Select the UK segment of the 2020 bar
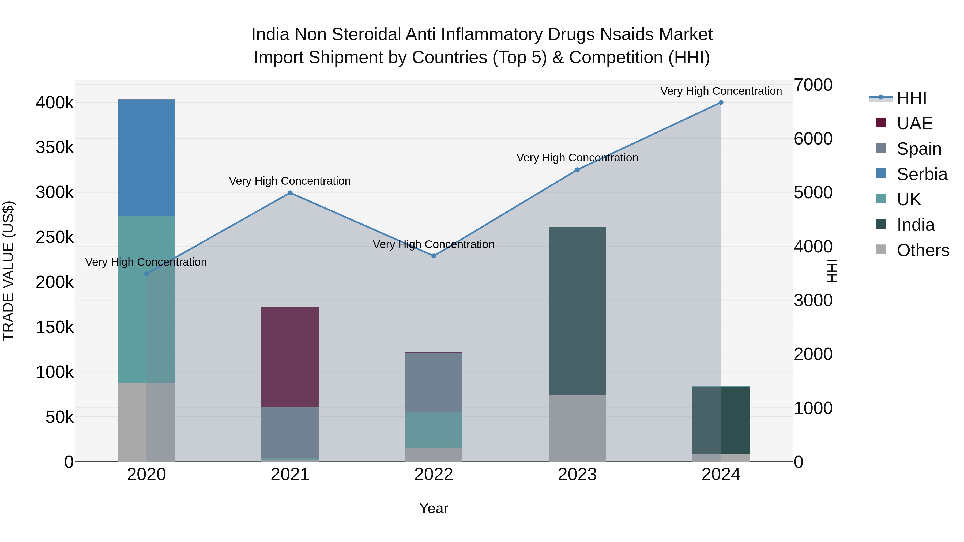point(146,299)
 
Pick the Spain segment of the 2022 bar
point(434,382)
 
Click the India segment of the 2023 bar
point(577,311)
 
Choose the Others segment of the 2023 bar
point(577,428)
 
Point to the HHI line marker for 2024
point(721,103)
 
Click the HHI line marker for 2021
point(290,193)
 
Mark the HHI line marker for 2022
point(434,256)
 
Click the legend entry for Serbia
point(921,174)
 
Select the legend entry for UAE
point(914,123)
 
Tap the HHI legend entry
point(911,98)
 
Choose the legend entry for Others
point(922,250)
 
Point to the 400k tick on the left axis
point(55,103)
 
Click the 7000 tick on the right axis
point(813,85)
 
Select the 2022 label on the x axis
point(434,475)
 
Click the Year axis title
point(434,508)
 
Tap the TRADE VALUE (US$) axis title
point(8,271)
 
